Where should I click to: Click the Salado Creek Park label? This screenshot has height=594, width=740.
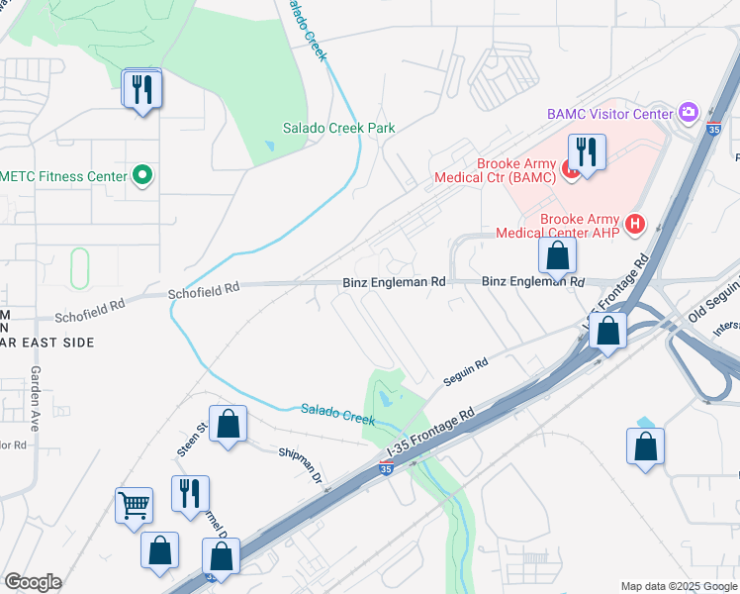click(338, 128)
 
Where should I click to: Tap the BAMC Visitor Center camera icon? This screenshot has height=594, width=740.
click(690, 113)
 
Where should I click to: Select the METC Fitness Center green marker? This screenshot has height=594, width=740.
click(142, 176)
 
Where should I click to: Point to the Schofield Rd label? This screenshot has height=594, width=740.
click(204, 289)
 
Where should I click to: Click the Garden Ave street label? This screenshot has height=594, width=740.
click(36, 398)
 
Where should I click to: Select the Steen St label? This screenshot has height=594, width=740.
click(191, 439)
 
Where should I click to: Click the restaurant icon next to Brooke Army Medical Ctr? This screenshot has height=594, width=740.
click(587, 152)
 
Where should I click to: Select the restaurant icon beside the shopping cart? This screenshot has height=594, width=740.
click(190, 493)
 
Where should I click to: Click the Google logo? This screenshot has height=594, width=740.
click(33, 582)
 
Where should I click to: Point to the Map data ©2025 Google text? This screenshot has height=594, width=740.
click(679, 586)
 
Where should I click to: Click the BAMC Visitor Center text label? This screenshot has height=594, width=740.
click(609, 114)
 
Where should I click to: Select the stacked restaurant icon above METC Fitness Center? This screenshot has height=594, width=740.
click(142, 89)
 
